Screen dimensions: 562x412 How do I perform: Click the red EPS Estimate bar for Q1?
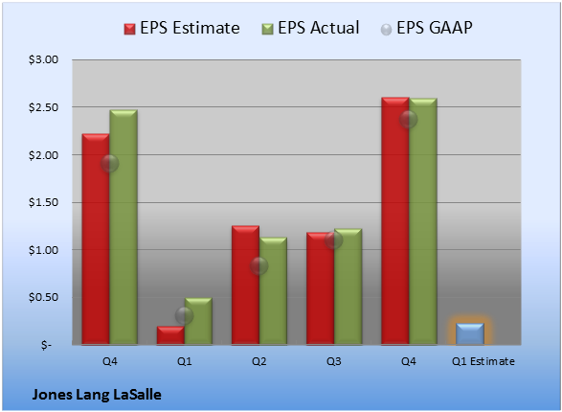click(x=170, y=335)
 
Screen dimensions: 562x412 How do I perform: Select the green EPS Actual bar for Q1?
click(x=198, y=321)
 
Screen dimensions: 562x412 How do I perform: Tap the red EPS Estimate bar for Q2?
click(x=245, y=286)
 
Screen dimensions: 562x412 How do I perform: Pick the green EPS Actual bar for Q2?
click(x=273, y=291)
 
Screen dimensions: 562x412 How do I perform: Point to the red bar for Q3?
click(x=321, y=288)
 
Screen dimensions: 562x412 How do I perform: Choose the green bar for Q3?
click(x=348, y=286)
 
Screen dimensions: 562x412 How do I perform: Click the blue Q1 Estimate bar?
click(x=470, y=333)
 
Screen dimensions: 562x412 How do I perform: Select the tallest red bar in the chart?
click(x=395, y=221)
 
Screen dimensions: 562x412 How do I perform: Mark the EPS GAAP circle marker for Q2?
click(x=259, y=266)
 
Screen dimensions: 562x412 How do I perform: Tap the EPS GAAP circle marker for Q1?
click(x=184, y=315)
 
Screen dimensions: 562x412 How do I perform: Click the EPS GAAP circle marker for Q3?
click(x=334, y=240)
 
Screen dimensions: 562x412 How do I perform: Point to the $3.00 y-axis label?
click(x=43, y=59)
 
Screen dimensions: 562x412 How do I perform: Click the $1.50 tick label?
click(x=43, y=202)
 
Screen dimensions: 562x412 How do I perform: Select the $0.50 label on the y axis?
click(x=43, y=297)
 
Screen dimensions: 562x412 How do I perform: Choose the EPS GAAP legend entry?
click(x=426, y=28)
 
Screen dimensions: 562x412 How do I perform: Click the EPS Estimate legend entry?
click(x=182, y=28)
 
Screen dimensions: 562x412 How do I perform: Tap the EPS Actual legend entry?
click(x=310, y=28)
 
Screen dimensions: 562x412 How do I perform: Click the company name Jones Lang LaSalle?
click(x=97, y=395)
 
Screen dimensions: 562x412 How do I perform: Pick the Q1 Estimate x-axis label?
click(x=483, y=361)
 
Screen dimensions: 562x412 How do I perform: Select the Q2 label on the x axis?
click(x=259, y=361)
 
